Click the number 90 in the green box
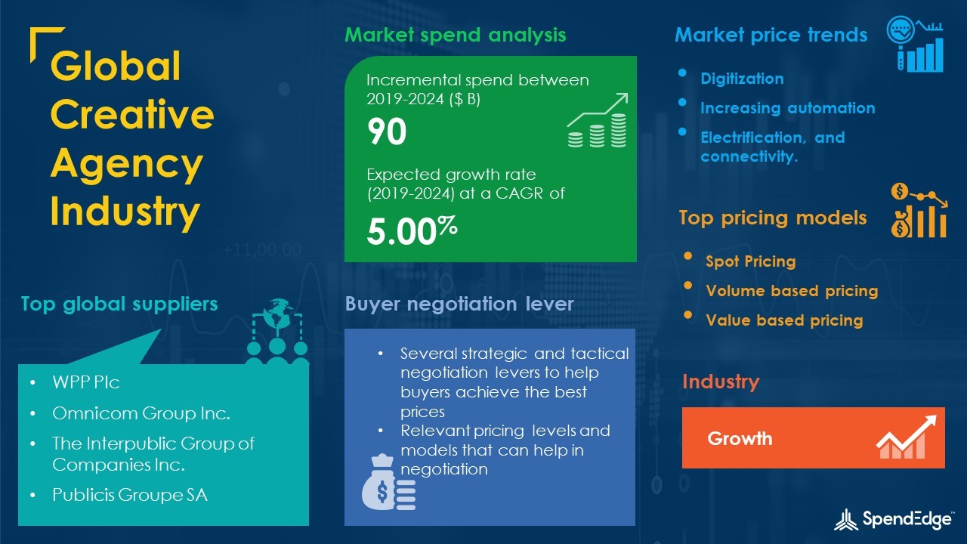click(x=387, y=131)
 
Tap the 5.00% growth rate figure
click(x=412, y=231)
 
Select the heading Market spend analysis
click(x=455, y=35)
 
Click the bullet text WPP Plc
click(x=85, y=382)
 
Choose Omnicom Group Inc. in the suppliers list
click(x=141, y=413)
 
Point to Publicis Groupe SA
click(x=130, y=495)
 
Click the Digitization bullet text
click(x=742, y=79)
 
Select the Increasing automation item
click(x=788, y=108)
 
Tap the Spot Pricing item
click(x=751, y=261)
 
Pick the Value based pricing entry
click(x=784, y=320)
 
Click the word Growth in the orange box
click(x=740, y=439)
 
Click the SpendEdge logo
click(x=893, y=519)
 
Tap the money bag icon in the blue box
click(x=388, y=482)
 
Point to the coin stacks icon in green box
click(x=597, y=120)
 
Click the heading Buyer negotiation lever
click(x=459, y=304)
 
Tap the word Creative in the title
click(x=132, y=114)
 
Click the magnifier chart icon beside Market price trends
click(x=915, y=44)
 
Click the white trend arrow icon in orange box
click(x=906, y=437)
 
